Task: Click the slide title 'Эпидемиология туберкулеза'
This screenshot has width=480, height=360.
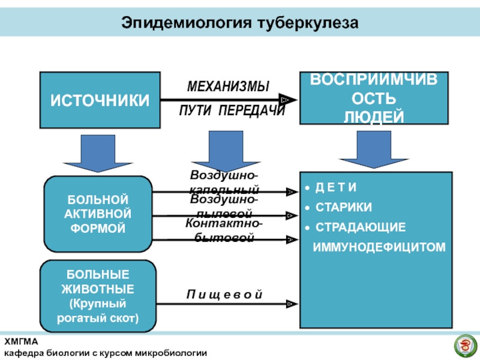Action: [239, 23]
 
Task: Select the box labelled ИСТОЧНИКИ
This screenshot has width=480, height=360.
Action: [100, 100]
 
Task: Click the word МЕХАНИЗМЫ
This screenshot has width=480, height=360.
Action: [228, 86]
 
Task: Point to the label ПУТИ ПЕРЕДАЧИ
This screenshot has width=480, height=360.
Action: [232, 112]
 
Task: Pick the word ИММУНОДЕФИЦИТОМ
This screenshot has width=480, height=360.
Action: [380, 246]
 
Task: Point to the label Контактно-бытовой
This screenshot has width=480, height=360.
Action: [223, 230]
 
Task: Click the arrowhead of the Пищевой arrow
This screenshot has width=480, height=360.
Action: [291, 304]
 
